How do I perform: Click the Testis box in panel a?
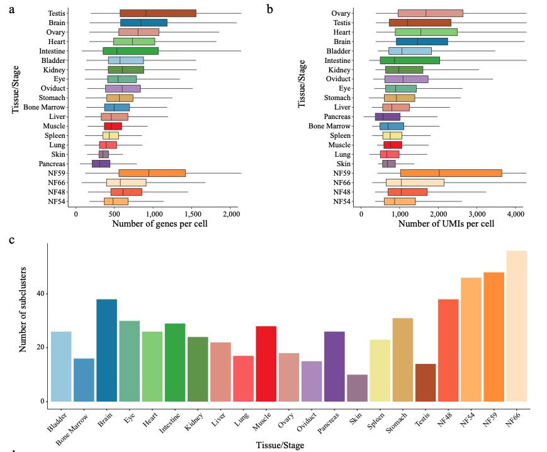click(157, 13)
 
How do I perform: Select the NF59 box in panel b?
click(451, 173)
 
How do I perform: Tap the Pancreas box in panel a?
click(101, 164)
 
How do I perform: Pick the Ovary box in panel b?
click(430, 13)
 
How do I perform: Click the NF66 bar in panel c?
click(516, 326)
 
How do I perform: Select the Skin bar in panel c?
click(357, 388)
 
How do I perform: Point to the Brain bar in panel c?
click(106, 350)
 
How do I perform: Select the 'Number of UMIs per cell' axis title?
click(446, 223)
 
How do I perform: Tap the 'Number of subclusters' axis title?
click(24, 326)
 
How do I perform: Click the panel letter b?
click(270, 9)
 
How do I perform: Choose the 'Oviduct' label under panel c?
click(310, 422)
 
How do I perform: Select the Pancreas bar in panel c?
click(334, 366)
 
